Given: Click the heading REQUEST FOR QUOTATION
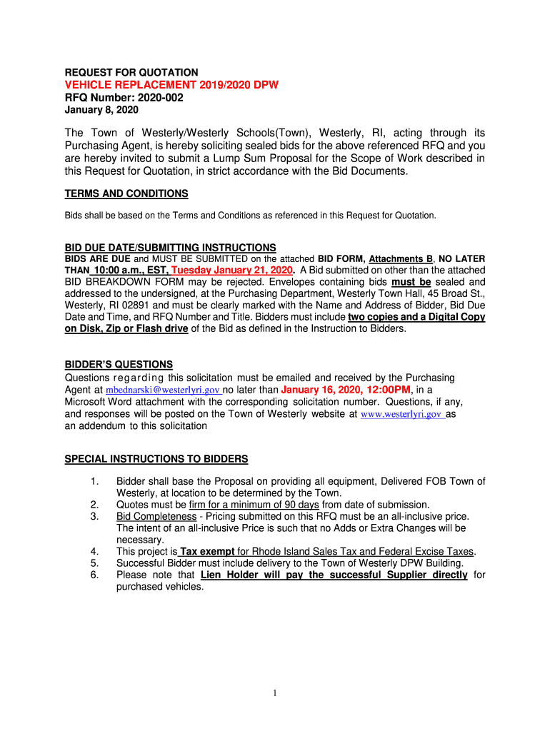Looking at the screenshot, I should click(131, 72).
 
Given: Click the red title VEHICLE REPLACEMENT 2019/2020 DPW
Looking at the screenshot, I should click(171, 85).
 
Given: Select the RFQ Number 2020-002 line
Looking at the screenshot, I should click(124, 98).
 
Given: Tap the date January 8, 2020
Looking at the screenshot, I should click(101, 110).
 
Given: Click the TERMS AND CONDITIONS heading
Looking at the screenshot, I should click(126, 193).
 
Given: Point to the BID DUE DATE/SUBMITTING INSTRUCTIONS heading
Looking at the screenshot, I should click(170, 248).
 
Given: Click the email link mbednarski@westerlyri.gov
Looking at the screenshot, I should click(163, 390).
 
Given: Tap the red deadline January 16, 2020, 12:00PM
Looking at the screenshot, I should click(346, 390).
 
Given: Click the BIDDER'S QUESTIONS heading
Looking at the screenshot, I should click(119, 365).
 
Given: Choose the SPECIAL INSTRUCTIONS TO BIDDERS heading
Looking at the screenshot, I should click(156, 458).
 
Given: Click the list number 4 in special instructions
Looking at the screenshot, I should click(94, 552).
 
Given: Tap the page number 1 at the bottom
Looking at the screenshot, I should click(274, 693).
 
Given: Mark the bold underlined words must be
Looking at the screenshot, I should click(411, 282).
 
